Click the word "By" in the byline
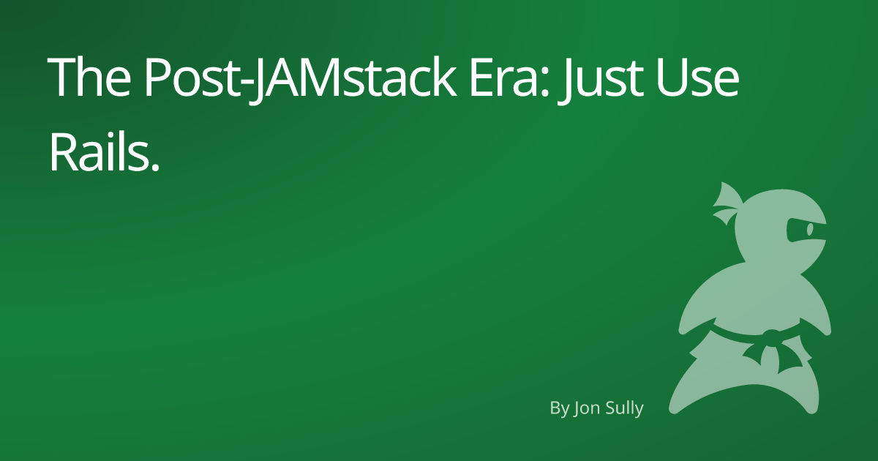tap(559, 408)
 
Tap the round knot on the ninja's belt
tap(769, 337)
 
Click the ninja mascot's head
tap(776, 227)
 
